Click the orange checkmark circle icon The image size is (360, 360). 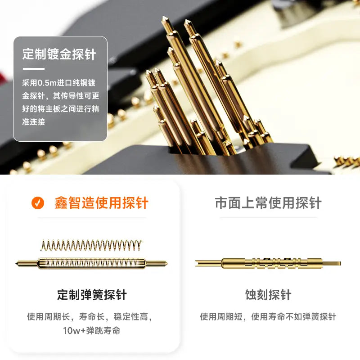[38, 203]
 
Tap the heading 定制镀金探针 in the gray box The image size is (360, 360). [59, 54]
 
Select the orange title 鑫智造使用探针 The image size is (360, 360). [102, 203]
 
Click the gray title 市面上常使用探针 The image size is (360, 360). [268, 203]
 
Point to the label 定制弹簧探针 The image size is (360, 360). [92, 295]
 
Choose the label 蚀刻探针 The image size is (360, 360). [268, 295]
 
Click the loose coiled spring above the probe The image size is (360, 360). [91, 245]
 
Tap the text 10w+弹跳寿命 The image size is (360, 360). [92, 331]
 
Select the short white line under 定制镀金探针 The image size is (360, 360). [33, 69]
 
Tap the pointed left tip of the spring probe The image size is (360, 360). [16, 263]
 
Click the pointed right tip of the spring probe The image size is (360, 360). [167, 263]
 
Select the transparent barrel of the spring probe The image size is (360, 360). [91, 263]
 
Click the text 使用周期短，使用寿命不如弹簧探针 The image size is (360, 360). [268, 317]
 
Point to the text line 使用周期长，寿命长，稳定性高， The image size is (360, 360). [90, 317]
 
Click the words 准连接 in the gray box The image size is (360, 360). [33, 121]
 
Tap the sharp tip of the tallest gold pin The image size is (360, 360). [164, 17]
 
